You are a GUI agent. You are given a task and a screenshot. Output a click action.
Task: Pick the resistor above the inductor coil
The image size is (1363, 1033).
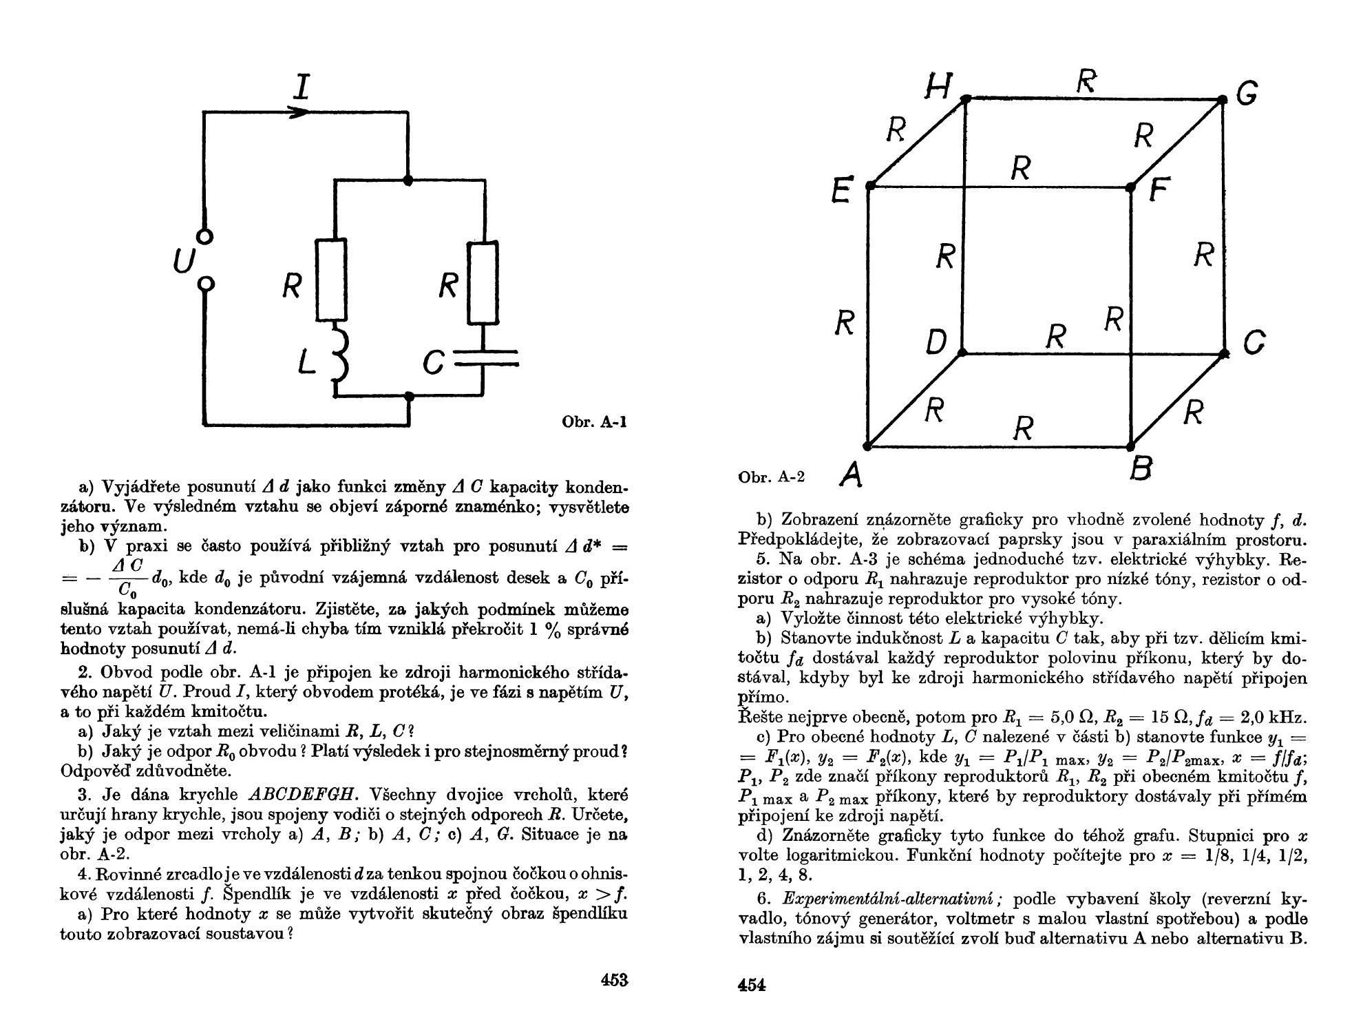point(332,280)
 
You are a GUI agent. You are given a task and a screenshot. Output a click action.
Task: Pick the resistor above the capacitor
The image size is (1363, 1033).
point(483,282)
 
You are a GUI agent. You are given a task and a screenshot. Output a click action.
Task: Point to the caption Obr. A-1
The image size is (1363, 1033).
point(594,422)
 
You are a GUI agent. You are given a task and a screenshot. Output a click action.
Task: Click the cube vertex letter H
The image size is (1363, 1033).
point(938,87)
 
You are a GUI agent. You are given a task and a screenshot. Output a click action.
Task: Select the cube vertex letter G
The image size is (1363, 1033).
point(1247,93)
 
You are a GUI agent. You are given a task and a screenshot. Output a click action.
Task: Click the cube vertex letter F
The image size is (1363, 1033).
point(1159,191)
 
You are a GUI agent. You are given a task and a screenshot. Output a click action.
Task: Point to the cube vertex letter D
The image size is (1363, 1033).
point(936,341)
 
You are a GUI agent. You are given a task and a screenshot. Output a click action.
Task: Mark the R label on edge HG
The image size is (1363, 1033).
point(1086,82)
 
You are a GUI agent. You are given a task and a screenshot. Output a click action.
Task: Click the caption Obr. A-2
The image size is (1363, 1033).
point(771,477)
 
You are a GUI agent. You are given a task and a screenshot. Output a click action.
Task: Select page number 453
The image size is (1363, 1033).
point(615,980)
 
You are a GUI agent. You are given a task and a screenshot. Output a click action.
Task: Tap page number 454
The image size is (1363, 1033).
point(752,985)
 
